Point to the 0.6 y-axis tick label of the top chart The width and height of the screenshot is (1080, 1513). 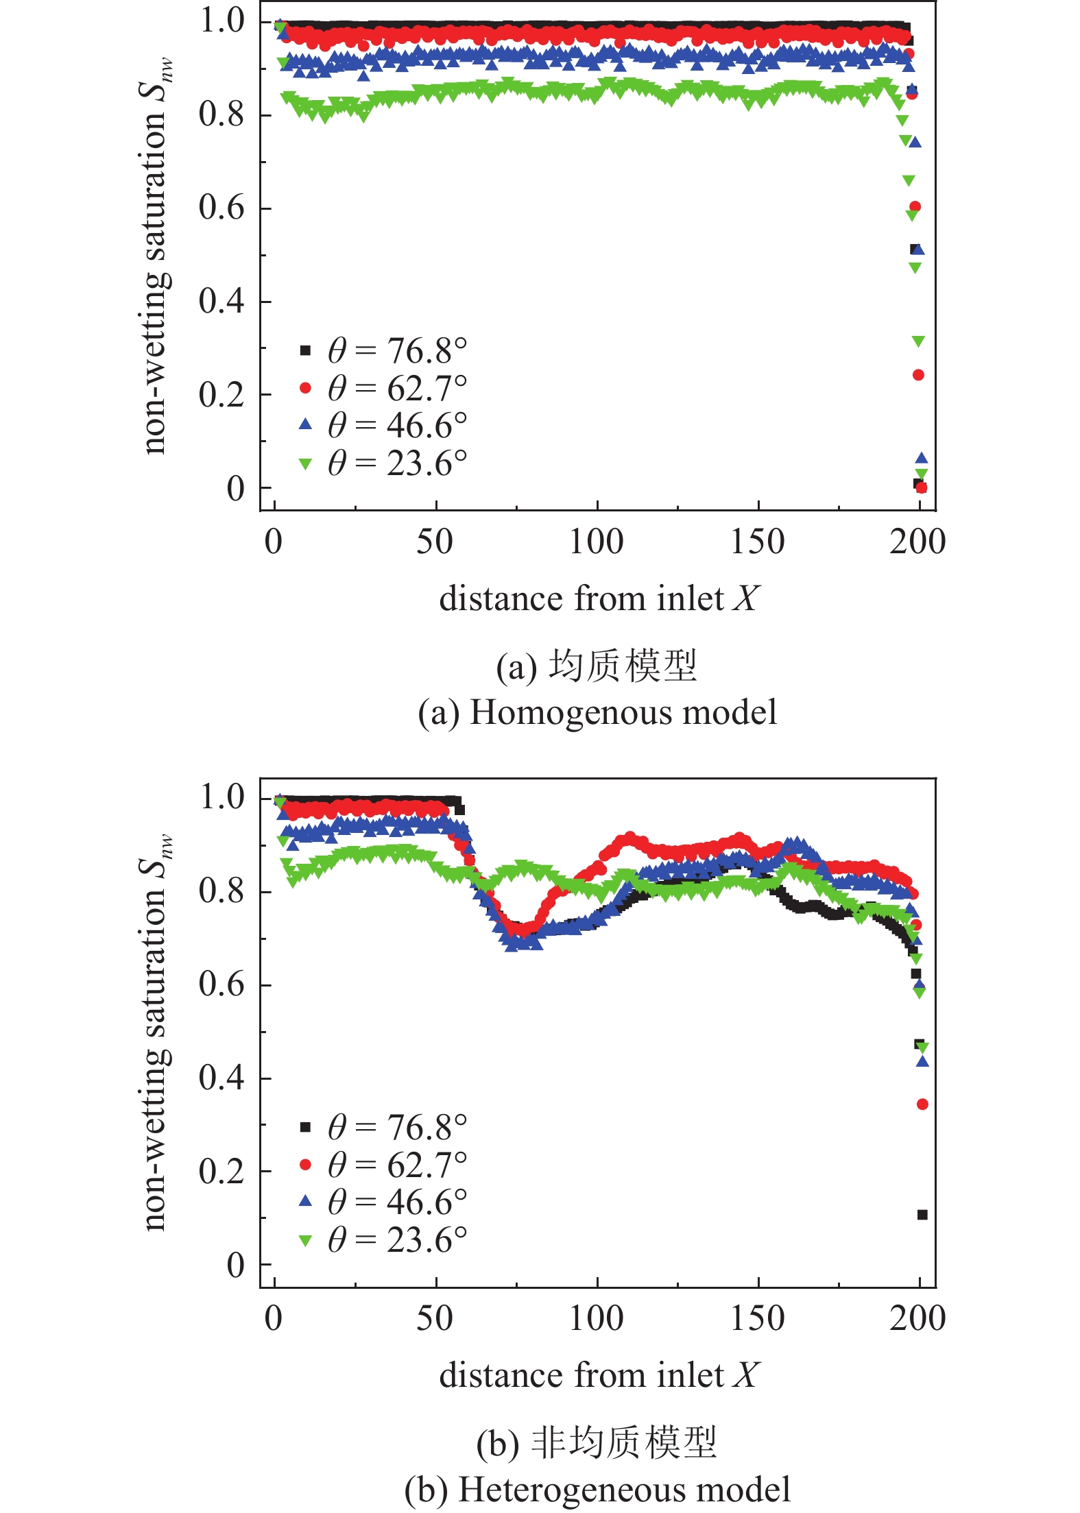point(221,207)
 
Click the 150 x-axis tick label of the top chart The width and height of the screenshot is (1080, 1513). point(757,542)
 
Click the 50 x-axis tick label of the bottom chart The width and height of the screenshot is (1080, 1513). point(435,1318)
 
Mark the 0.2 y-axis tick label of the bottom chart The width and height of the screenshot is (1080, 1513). point(221,1172)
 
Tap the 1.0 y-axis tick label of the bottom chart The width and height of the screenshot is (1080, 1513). point(221,797)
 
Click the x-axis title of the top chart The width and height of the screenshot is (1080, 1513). point(599,598)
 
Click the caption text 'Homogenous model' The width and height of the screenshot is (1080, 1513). point(623,712)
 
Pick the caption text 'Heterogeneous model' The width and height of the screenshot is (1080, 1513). point(624,1490)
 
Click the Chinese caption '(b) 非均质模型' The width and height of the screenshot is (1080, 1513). point(597,1443)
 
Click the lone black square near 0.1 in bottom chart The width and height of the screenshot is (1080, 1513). point(922,1215)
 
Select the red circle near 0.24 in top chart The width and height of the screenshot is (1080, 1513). point(918,375)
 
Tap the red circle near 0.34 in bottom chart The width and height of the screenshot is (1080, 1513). point(922,1104)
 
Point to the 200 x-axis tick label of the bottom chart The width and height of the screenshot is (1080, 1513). point(917,1318)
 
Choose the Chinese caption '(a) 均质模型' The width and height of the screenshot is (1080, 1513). point(597,666)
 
